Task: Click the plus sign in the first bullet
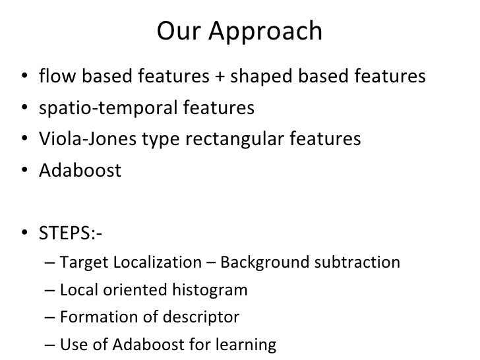coord(218,78)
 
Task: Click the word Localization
coord(151,264)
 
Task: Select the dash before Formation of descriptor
coord(52,318)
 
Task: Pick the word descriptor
coord(202,318)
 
